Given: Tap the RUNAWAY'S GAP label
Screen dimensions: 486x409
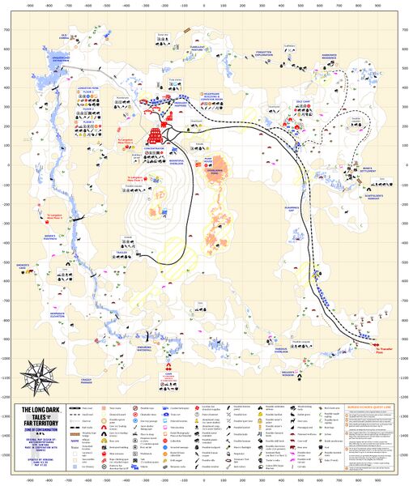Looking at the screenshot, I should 290,208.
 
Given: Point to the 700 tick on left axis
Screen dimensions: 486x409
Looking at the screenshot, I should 7,32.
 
